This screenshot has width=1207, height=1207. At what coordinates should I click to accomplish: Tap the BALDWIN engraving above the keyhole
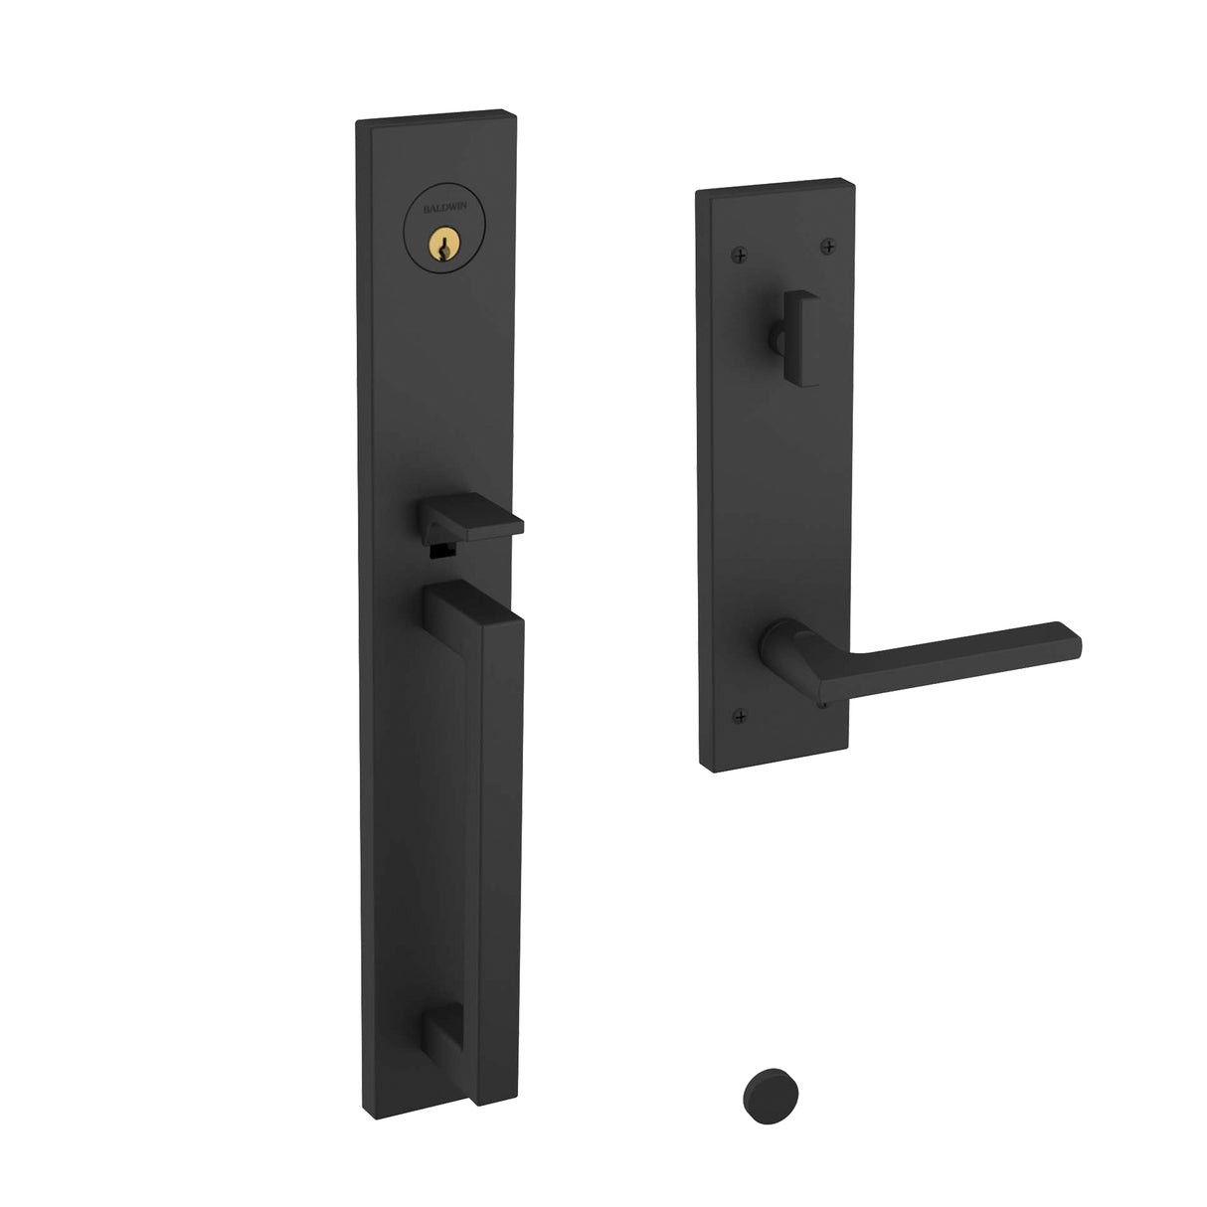click(434, 182)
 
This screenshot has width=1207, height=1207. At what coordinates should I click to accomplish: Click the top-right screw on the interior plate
click(828, 245)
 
